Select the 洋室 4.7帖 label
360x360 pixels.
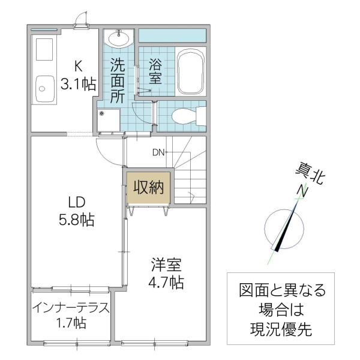(166, 273)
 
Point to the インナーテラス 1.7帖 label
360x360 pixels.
(71, 316)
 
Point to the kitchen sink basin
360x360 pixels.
(46, 91)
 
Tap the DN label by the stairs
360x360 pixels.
(158, 152)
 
